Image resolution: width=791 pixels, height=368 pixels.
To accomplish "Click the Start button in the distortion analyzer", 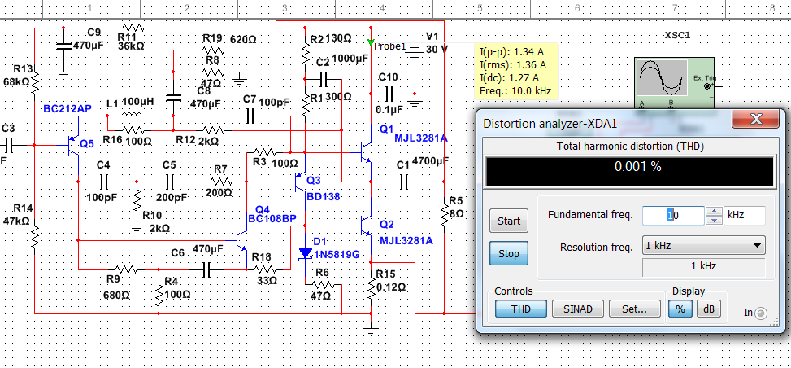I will [508, 220].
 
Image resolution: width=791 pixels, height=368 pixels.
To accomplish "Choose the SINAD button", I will [577, 309].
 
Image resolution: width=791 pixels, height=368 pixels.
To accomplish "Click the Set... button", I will [635, 309].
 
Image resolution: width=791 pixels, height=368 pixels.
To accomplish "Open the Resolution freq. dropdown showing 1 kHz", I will [703, 246].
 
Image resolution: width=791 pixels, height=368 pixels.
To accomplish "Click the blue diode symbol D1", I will [306, 253].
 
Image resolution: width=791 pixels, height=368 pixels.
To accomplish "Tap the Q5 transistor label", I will [87, 143].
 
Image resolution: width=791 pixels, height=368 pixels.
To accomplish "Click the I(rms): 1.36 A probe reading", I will [512, 64].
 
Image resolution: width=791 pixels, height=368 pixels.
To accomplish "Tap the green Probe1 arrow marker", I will [372, 42].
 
